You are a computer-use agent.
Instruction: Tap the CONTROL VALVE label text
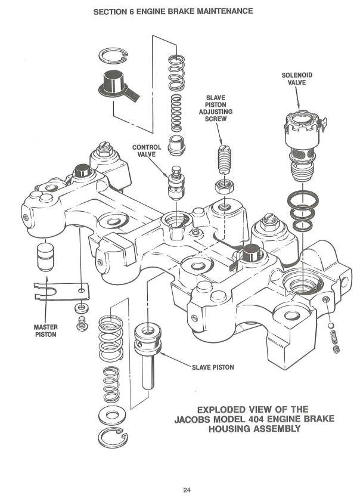147,150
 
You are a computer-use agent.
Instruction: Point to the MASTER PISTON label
45,330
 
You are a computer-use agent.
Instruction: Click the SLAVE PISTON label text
212,367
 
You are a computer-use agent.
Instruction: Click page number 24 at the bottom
187,490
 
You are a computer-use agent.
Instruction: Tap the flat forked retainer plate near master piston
61,290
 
